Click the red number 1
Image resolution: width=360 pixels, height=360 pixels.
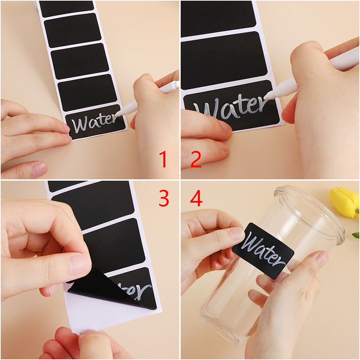coord(163,159)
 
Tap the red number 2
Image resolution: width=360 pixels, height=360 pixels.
coord(196,159)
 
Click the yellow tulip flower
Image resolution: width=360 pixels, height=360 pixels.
coord(344,202)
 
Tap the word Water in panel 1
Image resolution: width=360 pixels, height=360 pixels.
coord(94,123)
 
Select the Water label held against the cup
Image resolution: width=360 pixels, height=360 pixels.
coord(263,251)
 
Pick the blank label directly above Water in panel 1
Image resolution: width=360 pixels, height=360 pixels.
coord(87,93)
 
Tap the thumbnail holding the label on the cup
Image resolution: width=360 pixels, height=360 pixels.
coord(237,234)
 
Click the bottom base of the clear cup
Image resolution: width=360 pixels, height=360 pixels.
coord(220,331)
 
